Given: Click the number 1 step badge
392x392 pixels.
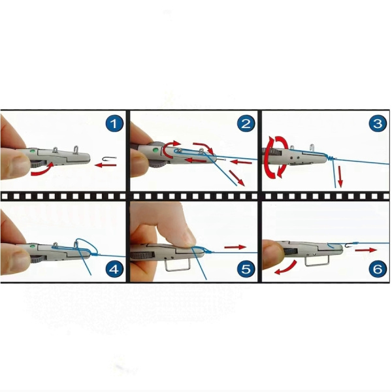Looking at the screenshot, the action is [x=114, y=123].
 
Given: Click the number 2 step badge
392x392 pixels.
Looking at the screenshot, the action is [x=246, y=123].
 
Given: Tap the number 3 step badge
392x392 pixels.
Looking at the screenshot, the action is [x=378, y=123].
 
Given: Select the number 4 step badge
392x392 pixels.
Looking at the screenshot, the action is [x=114, y=269].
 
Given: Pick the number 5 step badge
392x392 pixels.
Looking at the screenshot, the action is [x=246, y=269].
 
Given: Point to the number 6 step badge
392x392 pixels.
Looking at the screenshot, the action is [x=378, y=269].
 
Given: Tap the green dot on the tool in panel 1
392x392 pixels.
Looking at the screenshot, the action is [x=32, y=151].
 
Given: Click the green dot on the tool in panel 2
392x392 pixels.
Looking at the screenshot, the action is [x=155, y=150].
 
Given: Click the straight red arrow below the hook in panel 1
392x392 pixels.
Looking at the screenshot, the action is [x=105, y=165].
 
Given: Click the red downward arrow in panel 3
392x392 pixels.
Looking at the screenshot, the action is [x=340, y=177].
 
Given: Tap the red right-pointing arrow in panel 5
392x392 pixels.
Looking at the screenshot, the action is [x=235, y=247].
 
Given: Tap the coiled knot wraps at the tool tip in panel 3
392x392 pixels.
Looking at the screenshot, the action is [x=331, y=157].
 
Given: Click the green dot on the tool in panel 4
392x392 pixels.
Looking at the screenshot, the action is [x=33, y=246].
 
